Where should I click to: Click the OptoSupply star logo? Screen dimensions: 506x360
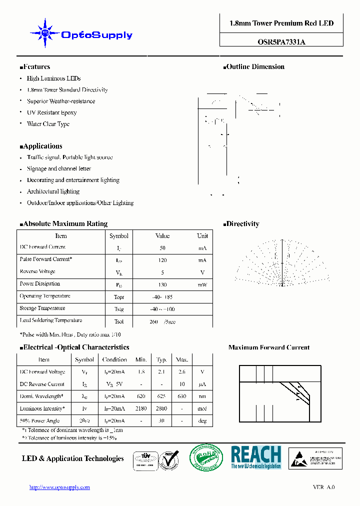(45, 33)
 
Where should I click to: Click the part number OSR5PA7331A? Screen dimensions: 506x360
(281, 42)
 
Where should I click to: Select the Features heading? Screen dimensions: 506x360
(36, 66)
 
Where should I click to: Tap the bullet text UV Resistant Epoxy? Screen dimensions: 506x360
(51, 112)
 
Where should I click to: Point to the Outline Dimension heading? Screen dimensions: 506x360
(254, 66)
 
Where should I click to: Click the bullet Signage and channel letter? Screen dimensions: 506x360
(58, 168)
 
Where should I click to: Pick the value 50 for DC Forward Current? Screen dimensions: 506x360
(162, 248)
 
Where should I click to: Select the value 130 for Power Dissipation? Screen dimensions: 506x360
(162, 284)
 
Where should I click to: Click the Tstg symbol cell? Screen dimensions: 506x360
(119, 309)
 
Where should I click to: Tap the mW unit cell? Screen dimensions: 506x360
(202, 284)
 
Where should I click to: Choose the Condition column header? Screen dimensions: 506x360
(114, 359)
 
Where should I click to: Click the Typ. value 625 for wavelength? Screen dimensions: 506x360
(161, 396)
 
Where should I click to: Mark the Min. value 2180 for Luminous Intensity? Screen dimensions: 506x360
(141, 409)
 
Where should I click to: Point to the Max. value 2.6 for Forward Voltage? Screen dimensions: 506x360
(182, 372)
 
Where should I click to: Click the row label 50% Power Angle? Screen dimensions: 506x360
(39, 420)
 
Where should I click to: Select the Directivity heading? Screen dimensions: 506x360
(242, 224)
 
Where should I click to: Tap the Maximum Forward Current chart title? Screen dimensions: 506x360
(268, 347)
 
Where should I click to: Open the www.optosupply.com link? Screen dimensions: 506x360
(59, 487)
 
